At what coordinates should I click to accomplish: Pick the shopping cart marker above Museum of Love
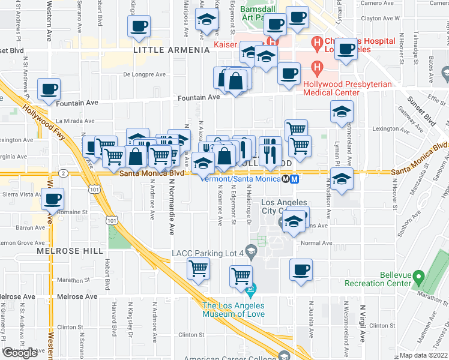pos(241,276)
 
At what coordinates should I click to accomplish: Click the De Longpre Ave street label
pos(144,75)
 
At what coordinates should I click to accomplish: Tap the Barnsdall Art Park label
pos(257,13)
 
